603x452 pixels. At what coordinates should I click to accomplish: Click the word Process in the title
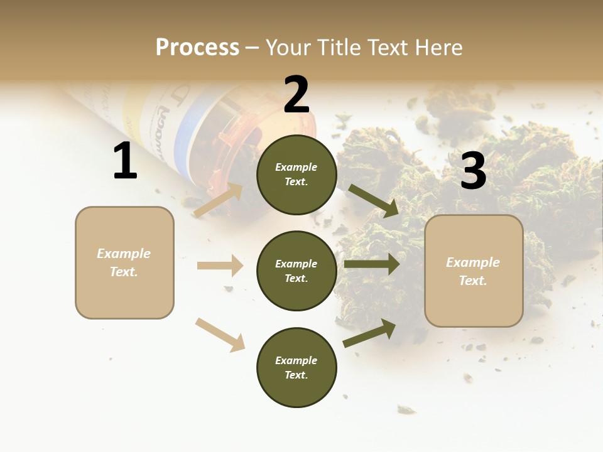click(x=197, y=48)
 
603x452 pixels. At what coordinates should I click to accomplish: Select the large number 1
click(x=125, y=161)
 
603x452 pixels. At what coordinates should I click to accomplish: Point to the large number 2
click(x=296, y=95)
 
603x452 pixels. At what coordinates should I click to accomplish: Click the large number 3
click(x=473, y=171)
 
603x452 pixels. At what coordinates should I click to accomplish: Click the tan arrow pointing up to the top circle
click(x=219, y=200)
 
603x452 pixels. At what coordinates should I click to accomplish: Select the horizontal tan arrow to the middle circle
click(x=220, y=266)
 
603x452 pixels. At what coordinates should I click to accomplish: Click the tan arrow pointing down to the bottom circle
click(x=220, y=334)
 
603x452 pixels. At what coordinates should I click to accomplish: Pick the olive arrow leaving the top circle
click(x=374, y=200)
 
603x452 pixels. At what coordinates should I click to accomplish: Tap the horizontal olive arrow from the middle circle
click(x=372, y=264)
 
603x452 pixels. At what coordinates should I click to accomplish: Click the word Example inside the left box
click(x=124, y=254)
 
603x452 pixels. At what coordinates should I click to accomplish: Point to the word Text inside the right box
click(x=472, y=281)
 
